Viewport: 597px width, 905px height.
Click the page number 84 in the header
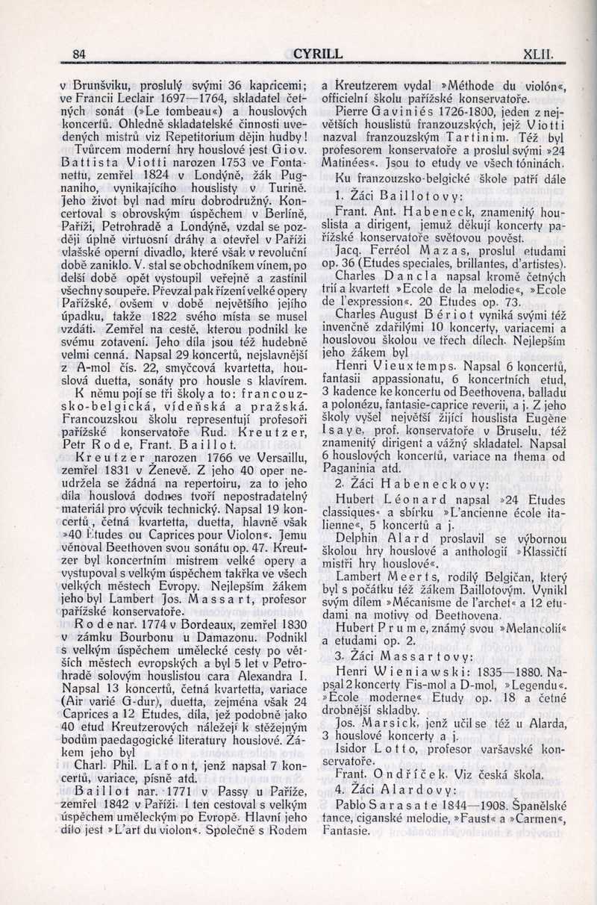(80, 54)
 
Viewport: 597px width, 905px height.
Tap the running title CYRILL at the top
(318, 54)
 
